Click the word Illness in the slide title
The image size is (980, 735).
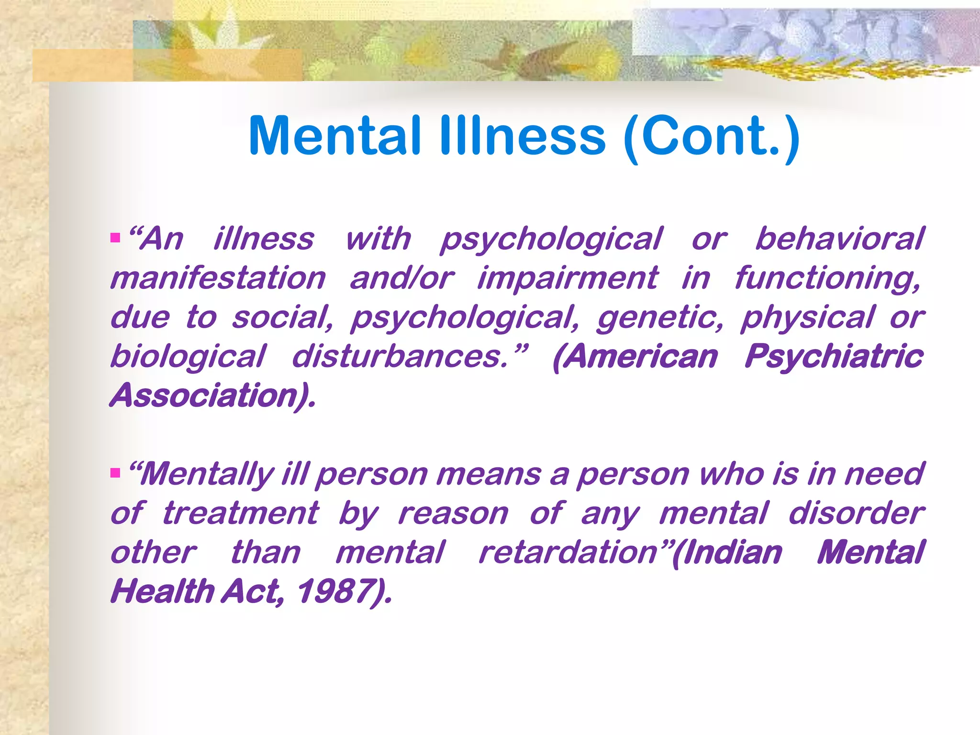(523, 136)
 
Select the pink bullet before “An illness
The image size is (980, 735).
(115, 237)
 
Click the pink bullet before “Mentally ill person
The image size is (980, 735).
(115, 473)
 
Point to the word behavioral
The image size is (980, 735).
(839, 239)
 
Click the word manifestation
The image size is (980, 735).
(218, 278)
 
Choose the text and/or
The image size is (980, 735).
(401, 278)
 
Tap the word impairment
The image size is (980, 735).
(568, 278)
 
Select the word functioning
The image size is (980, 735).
(827, 279)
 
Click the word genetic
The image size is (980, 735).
(659, 318)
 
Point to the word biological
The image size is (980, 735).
(188, 357)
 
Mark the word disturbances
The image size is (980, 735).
(400, 356)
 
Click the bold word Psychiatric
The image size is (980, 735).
(834, 357)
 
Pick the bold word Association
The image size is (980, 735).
(209, 396)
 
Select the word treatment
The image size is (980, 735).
(240, 513)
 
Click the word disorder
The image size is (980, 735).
(856, 513)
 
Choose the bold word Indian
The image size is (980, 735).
(732, 553)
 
